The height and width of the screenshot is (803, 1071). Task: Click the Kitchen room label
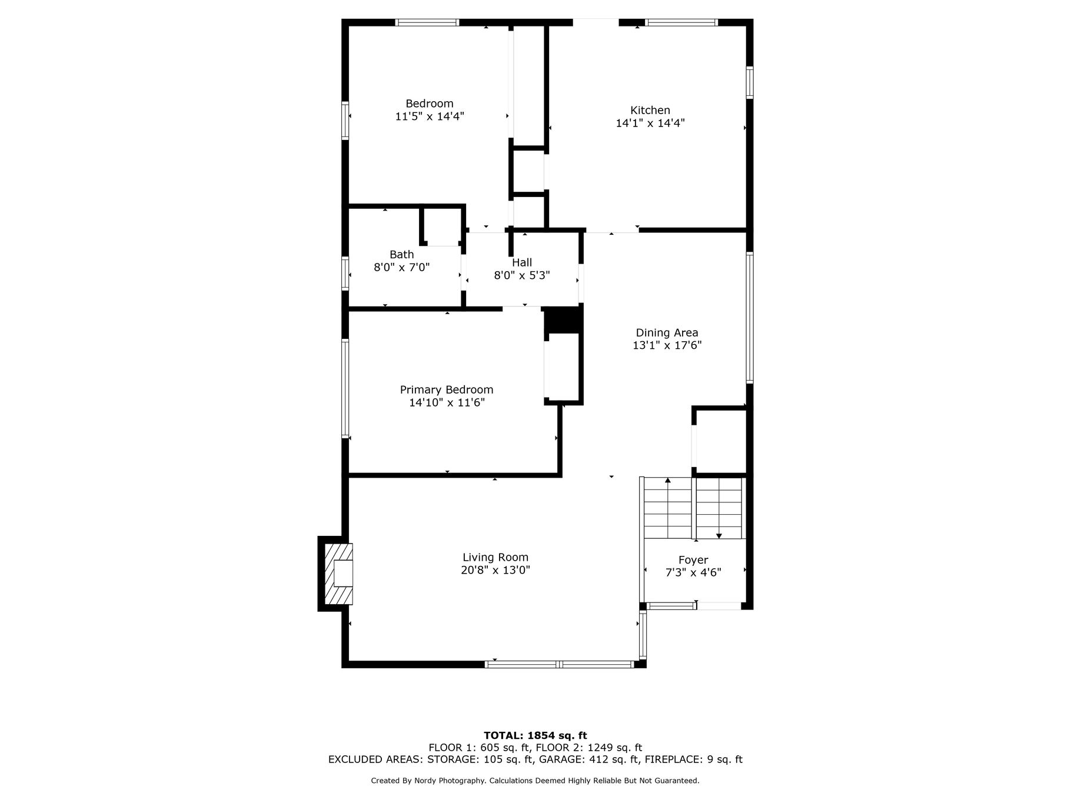click(650, 110)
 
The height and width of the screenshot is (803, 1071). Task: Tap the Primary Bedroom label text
click(447, 390)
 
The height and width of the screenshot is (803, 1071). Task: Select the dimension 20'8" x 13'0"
click(495, 570)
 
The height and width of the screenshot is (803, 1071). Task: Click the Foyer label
click(693, 560)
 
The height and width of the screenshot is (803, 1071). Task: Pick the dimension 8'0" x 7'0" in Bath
click(402, 268)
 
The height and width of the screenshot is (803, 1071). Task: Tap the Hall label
click(522, 262)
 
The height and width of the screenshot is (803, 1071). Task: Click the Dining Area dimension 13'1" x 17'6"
click(667, 346)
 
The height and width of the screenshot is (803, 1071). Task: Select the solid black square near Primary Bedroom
click(563, 321)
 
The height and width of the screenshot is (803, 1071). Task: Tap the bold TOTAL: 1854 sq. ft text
click(535, 735)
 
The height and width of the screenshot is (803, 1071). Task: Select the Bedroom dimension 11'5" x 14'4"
click(430, 116)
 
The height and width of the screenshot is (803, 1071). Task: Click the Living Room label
click(495, 557)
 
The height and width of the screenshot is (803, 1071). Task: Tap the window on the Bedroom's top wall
click(427, 23)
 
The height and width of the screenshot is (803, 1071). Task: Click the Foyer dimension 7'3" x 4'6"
click(693, 572)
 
